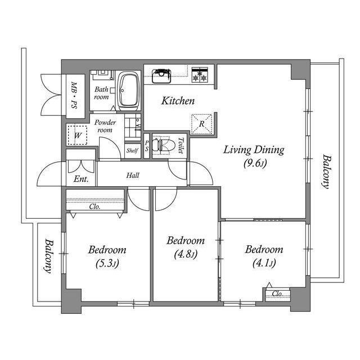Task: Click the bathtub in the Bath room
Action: point(129,91)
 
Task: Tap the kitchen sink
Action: point(161,76)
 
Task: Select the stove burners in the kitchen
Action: point(200,75)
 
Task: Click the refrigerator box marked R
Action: point(201,124)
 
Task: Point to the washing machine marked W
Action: point(78,135)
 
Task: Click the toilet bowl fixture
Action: point(164,145)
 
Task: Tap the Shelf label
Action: point(133,151)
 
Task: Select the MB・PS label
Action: point(74,95)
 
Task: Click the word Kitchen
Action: point(178,101)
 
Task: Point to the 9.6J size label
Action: point(255,163)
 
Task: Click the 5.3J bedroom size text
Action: point(107,264)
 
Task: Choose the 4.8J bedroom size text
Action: point(186,254)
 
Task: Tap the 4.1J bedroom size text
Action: point(264,263)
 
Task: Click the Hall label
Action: point(133,175)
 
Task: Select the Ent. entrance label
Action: point(81,179)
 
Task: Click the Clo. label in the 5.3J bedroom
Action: point(95,207)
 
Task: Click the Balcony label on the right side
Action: point(326,172)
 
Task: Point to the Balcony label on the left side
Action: point(49,256)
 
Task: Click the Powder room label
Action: point(105,126)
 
